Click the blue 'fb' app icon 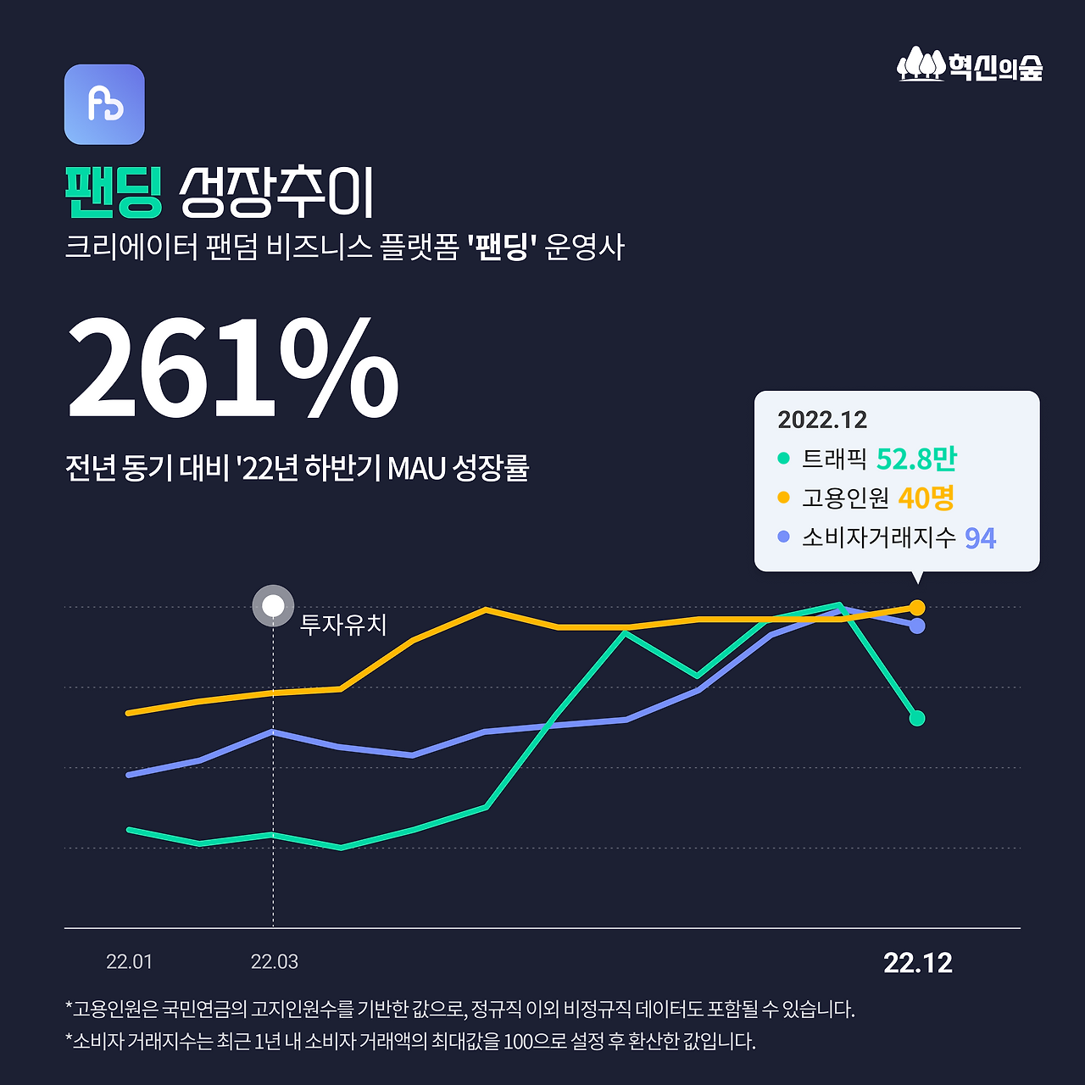pyautogui.click(x=104, y=104)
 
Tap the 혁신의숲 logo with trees pyautogui.click(x=970, y=65)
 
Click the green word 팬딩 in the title pyautogui.click(x=114, y=193)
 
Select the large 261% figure pyautogui.click(x=232, y=368)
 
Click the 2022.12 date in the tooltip pyautogui.click(x=822, y=420)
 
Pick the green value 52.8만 pyautogui.click(x=916, y=459)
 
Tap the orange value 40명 pyautogui.click(x=926, y=498)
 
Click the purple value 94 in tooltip pyautogui.click(x=980, y=537)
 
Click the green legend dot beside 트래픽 pyautogui.click(x=783, y=459)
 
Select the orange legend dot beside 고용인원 pyautogui.click(x=783, y=498)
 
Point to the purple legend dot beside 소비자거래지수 pyautogui.click(x=783, y=537)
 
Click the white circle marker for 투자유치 pyautogui.click(x=273, y=606)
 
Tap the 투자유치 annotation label pyautogui.click(x=343, y=625)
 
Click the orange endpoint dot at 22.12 pyautogui.click(x=917, y=607)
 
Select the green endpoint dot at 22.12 pyautogui.click(x=917, y=718)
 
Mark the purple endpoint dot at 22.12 pyautogui.click(x=917, y=626)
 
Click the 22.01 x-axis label pyautogui.click(x=130, y=962)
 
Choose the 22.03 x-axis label pyautogui.click(x=275, y=962)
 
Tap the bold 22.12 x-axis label pyautogui.click(x=918, y=963)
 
